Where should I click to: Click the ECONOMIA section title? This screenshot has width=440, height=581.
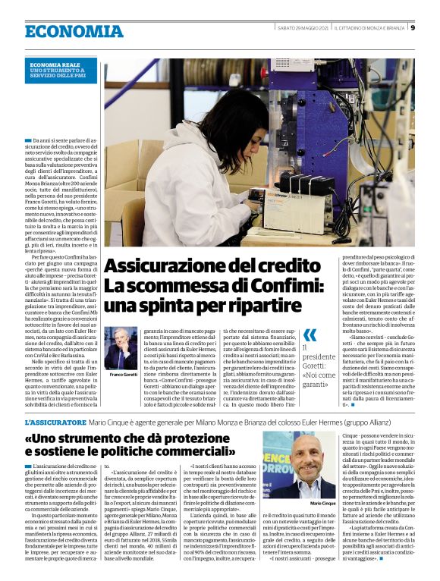click(x=74, y=31)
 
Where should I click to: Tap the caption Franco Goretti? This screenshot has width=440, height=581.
click(x=122, y=375)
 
